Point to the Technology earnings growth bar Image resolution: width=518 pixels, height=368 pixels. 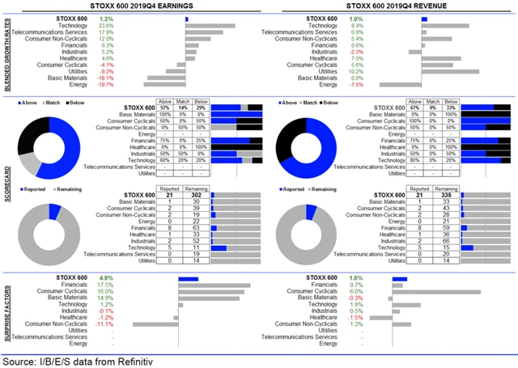click(x=210, y=25)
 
